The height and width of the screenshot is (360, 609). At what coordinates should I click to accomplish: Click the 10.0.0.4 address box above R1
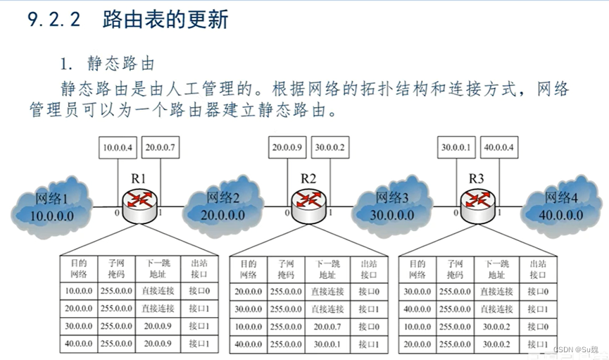(x=117, y=147)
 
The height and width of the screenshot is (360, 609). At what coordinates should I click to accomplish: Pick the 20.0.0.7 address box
(x=161, y=147)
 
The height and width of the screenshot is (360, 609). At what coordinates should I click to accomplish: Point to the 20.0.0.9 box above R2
(x=287, y=147)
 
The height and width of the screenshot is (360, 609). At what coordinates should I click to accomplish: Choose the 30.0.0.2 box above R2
(x=329, y=147)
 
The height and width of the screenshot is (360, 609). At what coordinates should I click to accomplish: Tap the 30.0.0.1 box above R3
(x=456, y=147)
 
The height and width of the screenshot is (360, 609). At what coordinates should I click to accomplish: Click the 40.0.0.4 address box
(x=499, y=147)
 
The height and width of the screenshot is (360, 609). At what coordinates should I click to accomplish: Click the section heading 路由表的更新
(x=165, y=19)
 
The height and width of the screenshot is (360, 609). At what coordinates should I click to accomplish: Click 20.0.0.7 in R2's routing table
(x=327, y=326)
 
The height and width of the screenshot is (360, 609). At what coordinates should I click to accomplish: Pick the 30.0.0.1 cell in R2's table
(x=327, y=345)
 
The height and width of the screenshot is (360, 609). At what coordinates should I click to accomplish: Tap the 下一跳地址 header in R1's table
(x=157, y=268)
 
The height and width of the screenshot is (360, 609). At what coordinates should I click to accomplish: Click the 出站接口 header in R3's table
(x=535, y=268)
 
